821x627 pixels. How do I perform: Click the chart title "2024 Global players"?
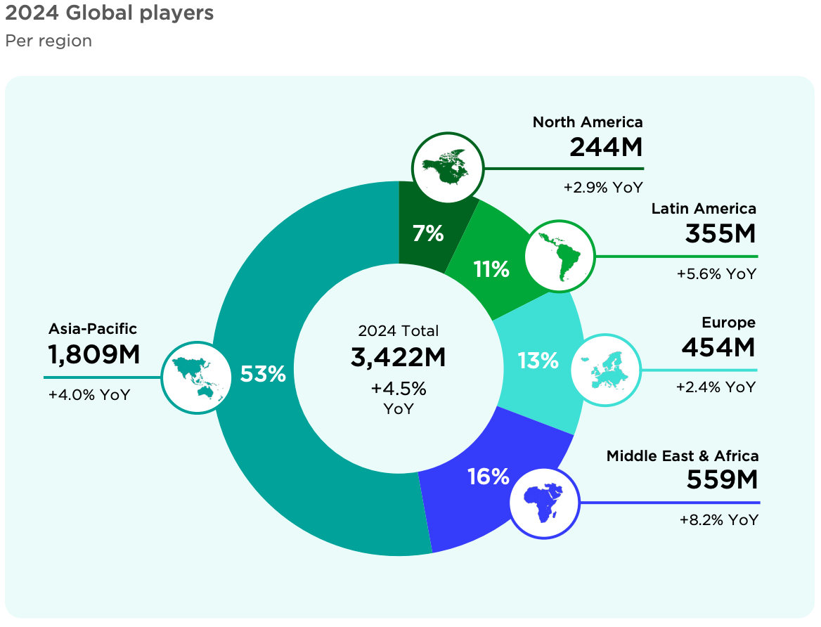tap(110, 13)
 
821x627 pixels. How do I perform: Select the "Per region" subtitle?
tap(49, 41)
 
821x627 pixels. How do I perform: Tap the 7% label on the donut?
tap(428, 233)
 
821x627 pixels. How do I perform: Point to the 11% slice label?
tap(491, 269)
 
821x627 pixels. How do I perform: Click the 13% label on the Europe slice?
tap(538, 361)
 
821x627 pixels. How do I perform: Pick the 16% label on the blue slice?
tap(488, 477)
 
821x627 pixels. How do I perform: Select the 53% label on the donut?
tap(263, 374)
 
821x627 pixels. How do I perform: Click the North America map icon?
tap(448, 167)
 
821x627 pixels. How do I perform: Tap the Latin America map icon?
tap(560, 256)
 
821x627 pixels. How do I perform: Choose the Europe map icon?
tap(605, 370)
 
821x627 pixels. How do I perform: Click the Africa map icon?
tap(545, 502)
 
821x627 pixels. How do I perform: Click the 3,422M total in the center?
tap(399, 357)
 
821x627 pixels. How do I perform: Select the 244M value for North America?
tap(606, 148)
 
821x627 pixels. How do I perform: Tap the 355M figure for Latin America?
tap(720, 234)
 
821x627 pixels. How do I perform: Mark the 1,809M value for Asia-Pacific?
tap(94, 355)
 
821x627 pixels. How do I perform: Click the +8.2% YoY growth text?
tap(719, 520)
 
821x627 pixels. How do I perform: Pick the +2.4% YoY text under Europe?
tap(716, 387)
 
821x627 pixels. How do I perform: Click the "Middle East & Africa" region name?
tap(683, 456)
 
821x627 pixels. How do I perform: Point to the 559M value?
tap(722, 480)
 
